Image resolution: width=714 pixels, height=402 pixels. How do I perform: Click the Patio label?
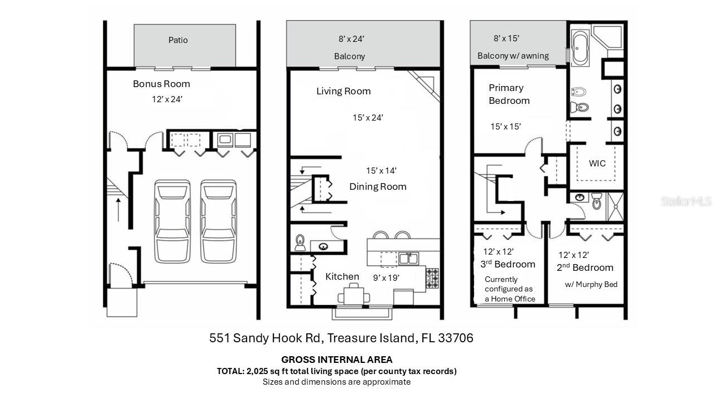(178, 40)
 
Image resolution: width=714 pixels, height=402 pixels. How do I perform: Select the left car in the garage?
(172, 221)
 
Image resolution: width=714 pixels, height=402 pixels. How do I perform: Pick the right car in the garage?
(219, 221)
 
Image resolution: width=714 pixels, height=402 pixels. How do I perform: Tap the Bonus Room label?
(161, 84)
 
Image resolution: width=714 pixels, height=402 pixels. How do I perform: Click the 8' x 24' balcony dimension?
(351, 39)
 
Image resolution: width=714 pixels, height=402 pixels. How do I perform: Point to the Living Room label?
(343, 91)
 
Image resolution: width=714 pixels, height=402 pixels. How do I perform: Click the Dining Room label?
(378, 186)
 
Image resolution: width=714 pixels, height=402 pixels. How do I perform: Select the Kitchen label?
(342, 276)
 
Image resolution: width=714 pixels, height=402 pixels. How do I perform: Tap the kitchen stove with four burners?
(432, 278)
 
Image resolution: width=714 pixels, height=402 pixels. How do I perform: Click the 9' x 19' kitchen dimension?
(386, 277)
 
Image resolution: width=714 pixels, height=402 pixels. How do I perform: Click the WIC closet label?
(597, 164)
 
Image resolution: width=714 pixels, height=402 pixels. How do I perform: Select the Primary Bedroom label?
(509, 94)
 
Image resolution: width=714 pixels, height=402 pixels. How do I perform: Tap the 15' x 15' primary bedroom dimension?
(505, 127)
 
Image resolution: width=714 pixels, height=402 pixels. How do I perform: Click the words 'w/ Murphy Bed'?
(591, 284)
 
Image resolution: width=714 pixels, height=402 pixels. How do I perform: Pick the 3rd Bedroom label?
(508, 264)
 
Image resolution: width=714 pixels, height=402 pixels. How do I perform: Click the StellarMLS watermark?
(686, 201)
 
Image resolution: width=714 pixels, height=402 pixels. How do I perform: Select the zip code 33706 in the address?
(456, 338)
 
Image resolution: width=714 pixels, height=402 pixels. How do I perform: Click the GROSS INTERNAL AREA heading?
(336, 360)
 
